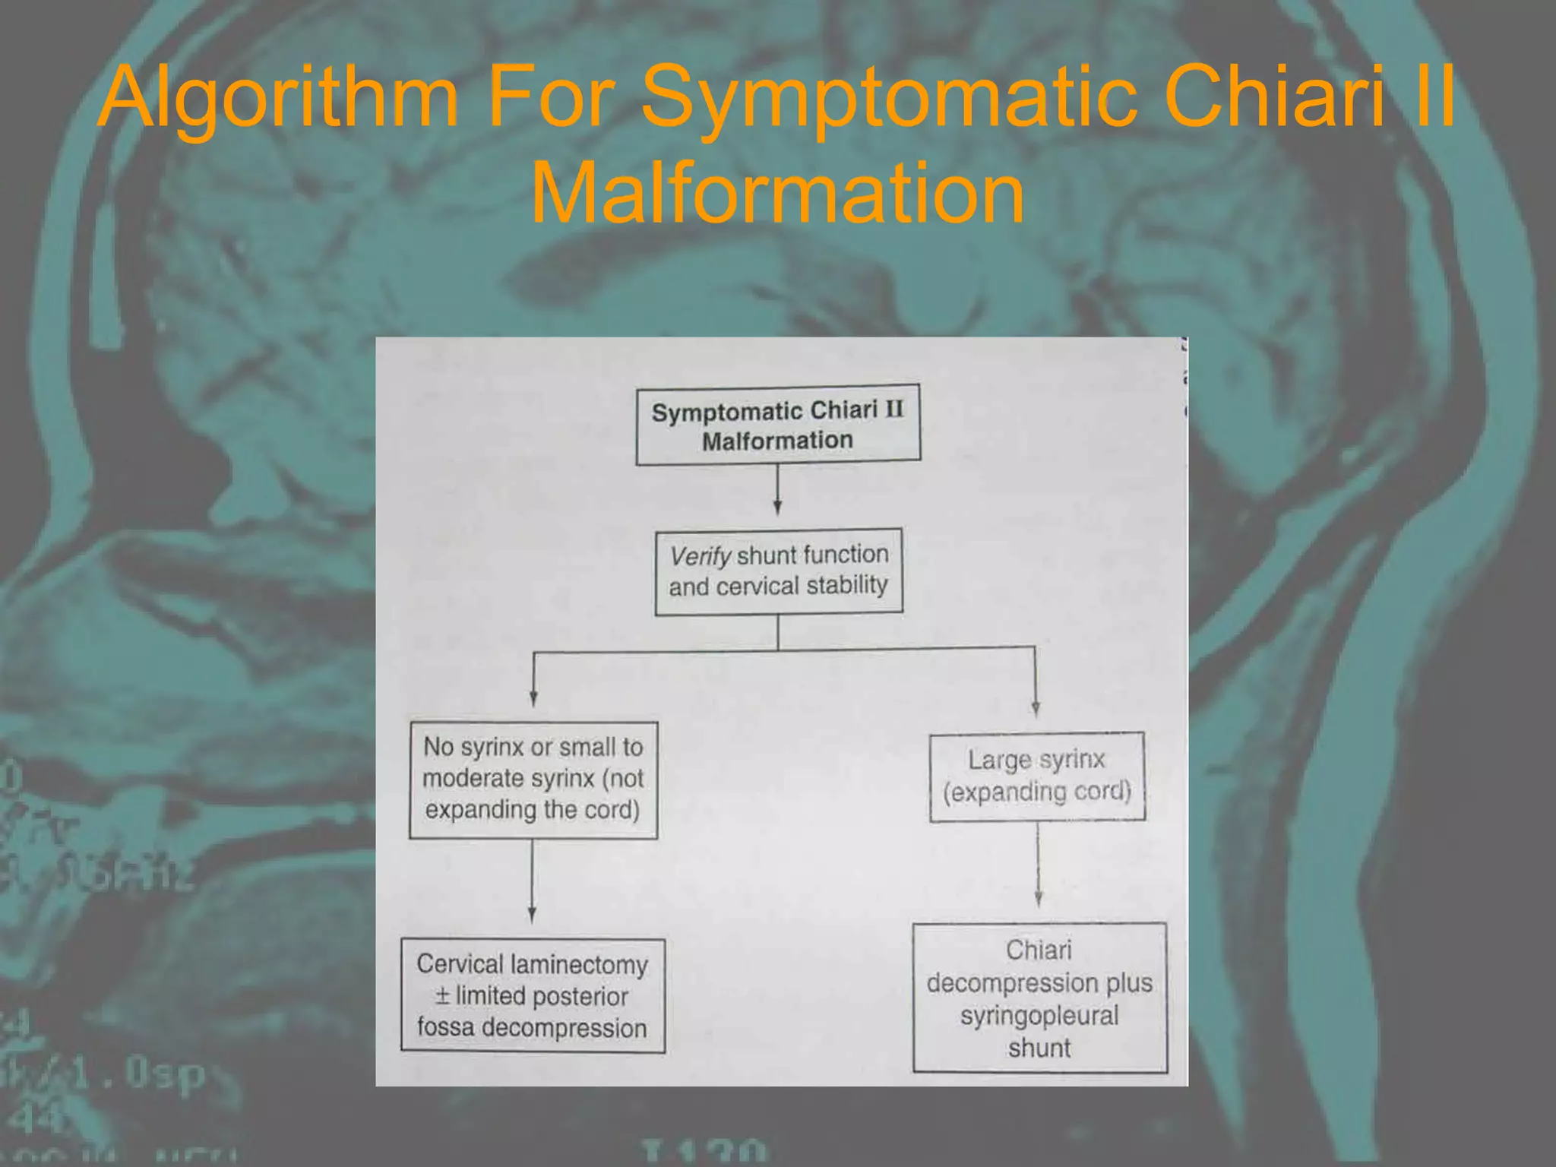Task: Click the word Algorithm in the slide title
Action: (x=278, y=97)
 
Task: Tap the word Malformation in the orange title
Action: (x=777, y=194)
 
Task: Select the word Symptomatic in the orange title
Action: (x=889, y=97)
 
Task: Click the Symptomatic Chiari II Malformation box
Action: (x=778, y=425)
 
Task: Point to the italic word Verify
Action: (x=700, y=556)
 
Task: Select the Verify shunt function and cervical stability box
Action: (x=779, y=571)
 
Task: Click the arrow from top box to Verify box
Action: (x=777, y=490)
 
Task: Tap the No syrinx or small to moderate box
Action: (x=533, y=780)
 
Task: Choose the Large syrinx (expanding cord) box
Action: (x=1037, y=776)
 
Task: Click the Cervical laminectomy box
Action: (x=533, y=996)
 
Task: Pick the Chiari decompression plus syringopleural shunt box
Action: (x=1039, y=998)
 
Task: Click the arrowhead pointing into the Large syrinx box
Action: (x=1036, y=708)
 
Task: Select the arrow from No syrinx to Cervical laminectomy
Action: (x=532, y=881)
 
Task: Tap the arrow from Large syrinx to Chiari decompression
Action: (x=1038, y=866)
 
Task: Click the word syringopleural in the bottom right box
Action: (x=1039, y=1016)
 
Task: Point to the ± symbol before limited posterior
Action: (x=443, y=995)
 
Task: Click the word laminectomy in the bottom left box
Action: (x=580, y=965)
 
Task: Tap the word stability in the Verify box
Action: (x=846, y=585)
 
